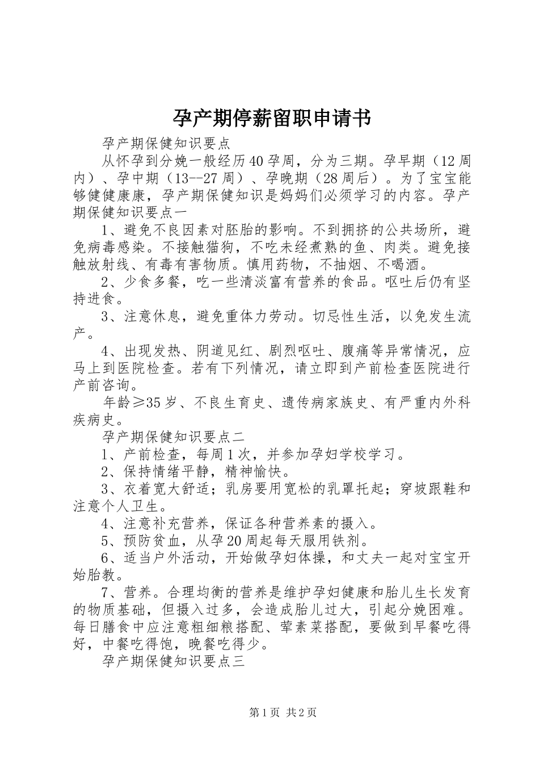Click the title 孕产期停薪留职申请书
(x=271, y=119)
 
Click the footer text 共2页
(x=302, y=713)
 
